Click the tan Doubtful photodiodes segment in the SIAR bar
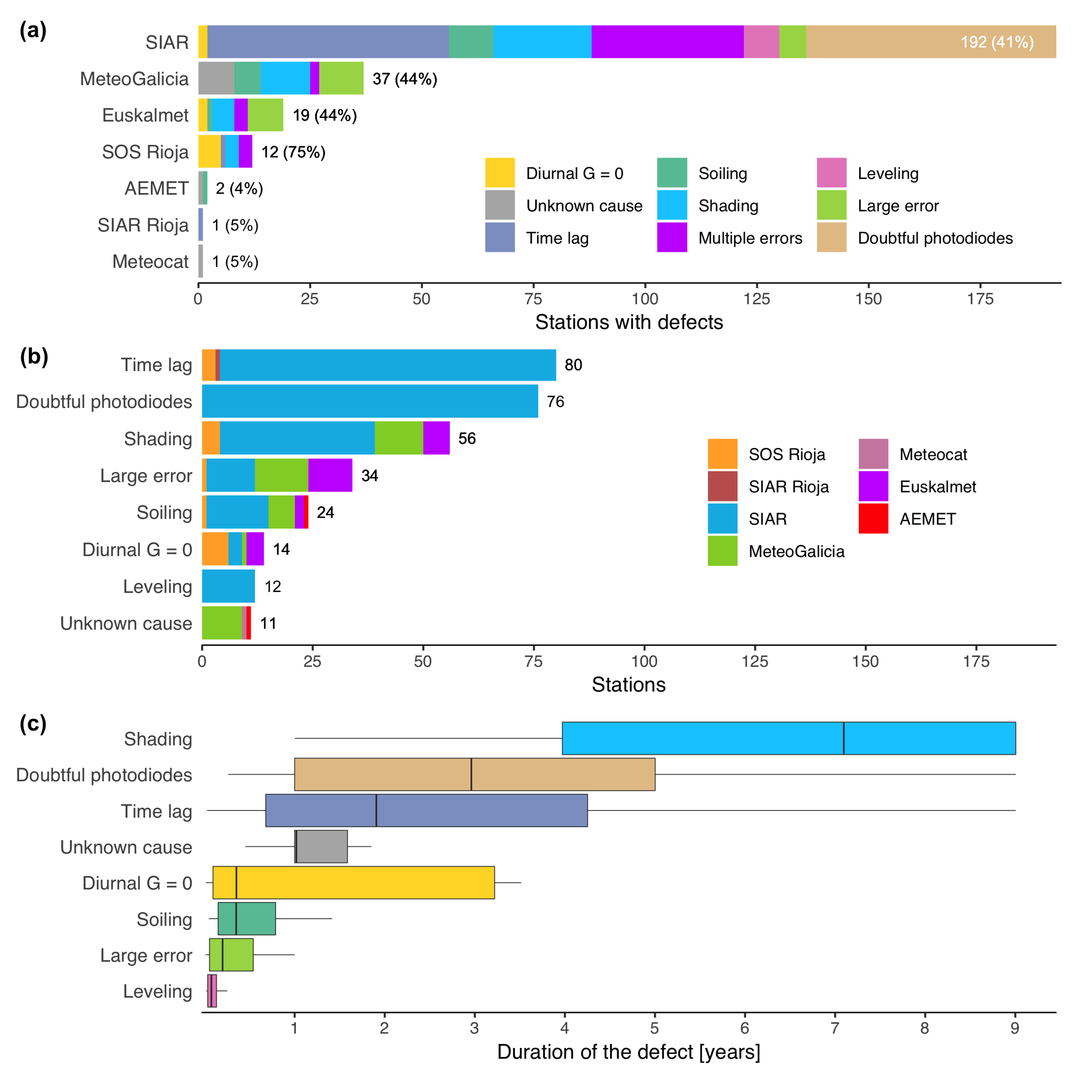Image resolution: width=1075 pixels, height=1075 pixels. (x=890, y=42)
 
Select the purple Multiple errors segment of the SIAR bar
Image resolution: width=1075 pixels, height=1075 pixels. (x=667, y=42)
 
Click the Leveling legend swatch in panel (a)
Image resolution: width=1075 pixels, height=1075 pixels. (x=831, y=173)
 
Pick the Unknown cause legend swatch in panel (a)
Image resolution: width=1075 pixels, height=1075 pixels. (x=500, y=205)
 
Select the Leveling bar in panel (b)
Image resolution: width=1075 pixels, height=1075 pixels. (x=228, y=586)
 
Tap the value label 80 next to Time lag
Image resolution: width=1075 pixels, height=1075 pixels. (x=573, y=365)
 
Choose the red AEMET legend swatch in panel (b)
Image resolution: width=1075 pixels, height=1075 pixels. (x=873, y=519)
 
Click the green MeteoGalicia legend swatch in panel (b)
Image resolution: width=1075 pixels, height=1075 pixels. (x=722, y=551)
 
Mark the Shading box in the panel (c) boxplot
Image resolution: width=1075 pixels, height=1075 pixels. (x=788, y=738)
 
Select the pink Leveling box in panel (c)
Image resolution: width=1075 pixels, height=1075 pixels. (x=212, y=991)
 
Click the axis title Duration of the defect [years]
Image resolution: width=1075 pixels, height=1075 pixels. (x=628, y=1052)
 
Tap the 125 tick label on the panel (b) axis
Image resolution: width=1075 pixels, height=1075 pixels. (x=754, y=662)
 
